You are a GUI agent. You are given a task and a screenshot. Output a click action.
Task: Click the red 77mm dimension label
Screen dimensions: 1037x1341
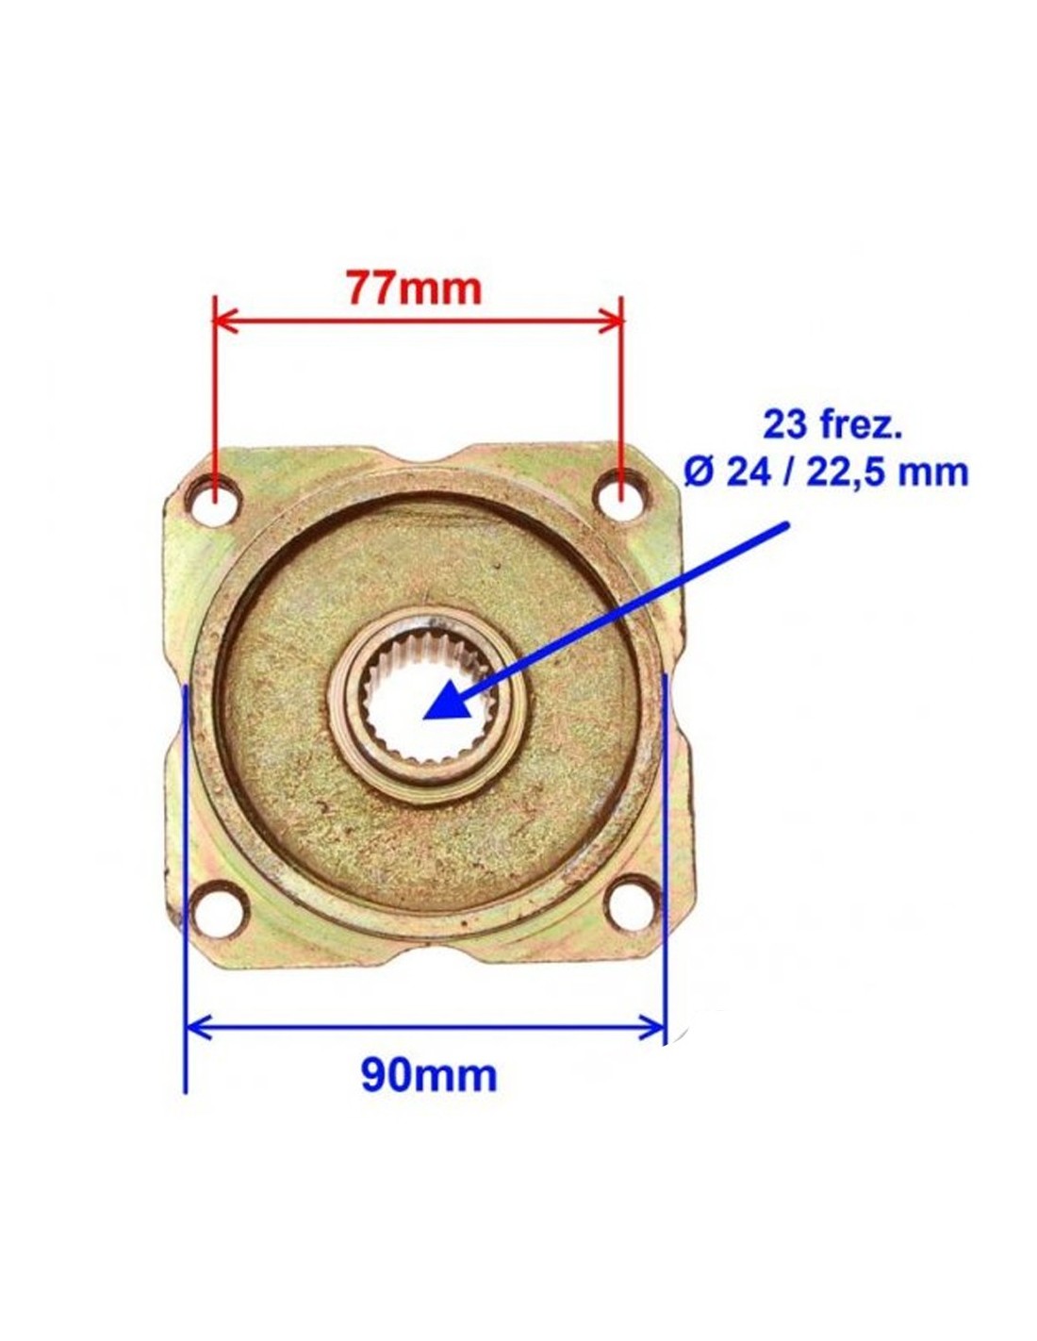click(413, 289)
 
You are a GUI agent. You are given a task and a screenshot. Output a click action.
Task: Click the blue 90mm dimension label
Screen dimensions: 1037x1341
click(429, 1076)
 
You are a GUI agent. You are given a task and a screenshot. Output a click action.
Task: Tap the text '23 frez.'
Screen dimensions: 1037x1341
click(832, 426)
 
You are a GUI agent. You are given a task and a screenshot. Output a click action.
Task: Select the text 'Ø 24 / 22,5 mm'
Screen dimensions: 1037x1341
click(826, 473)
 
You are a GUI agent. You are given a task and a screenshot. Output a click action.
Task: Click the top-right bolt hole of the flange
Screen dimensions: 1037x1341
click(620, 494)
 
